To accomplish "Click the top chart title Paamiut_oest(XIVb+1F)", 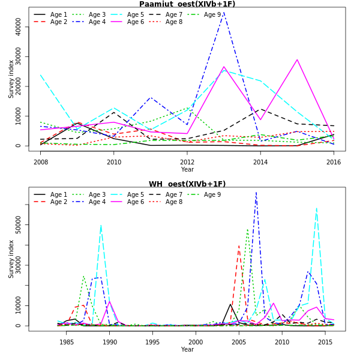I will (187, 4).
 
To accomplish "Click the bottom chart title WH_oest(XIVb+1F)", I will (187, 184).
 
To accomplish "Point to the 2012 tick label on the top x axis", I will (187, 162).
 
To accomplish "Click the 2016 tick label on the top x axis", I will (334, 162).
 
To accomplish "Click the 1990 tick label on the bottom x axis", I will (110, 342).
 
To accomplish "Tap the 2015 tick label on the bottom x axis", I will (325, 342).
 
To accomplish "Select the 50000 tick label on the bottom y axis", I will (19, 226).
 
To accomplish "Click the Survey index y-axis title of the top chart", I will (11, 79).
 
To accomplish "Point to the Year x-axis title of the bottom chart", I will (187, 350).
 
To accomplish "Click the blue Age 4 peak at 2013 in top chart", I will (224, 13).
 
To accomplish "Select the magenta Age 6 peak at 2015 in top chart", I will (297, 59).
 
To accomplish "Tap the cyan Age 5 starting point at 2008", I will (41, 75).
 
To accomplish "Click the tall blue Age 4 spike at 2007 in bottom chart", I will (256, 193).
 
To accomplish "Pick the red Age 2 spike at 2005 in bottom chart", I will (239, 245).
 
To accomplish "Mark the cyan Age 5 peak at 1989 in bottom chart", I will (101, 225).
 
